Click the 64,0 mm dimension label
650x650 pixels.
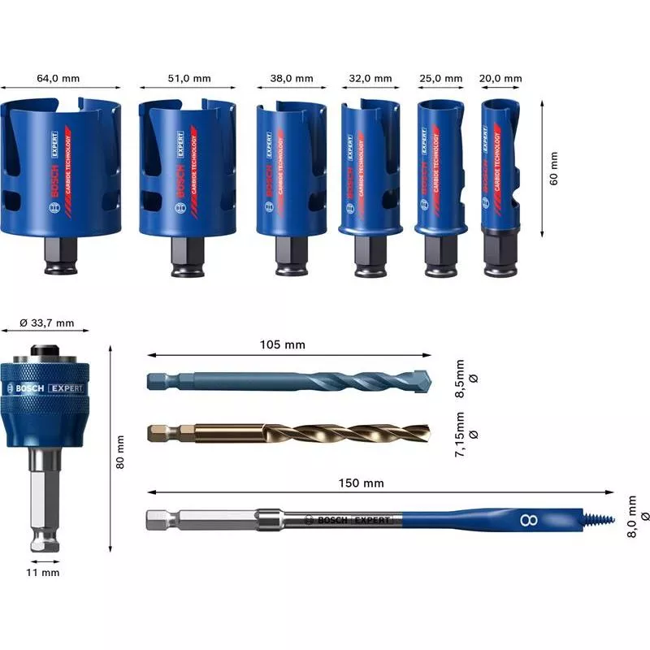pos(58,79)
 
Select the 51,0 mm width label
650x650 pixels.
pos(189,79)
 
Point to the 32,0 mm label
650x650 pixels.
pos(370,79)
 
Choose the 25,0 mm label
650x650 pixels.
pos(441,79)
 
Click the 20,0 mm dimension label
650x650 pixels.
pos(500,79)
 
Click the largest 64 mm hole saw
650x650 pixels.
pos(60,171)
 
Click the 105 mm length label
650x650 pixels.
pos(288,344)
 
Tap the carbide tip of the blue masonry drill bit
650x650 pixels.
pos(422,380)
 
